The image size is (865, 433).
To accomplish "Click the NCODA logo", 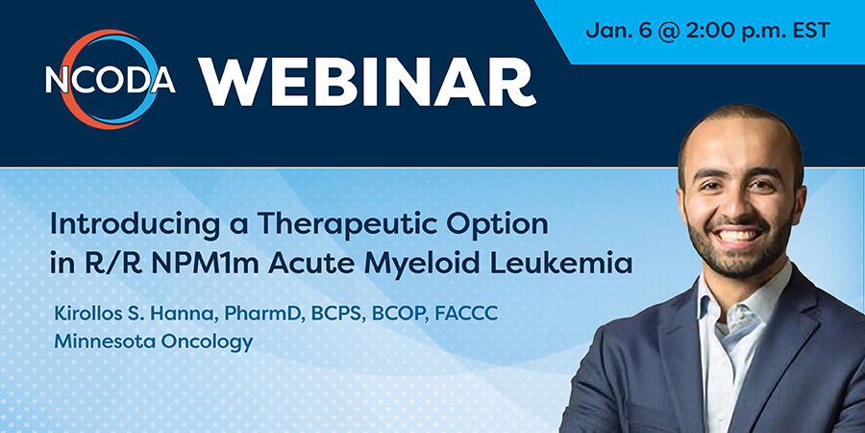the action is coord(111,80).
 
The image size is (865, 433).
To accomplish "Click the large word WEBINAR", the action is coord(367,81).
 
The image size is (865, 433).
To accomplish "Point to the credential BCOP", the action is coord(399,314).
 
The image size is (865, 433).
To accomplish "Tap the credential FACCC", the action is coord(466,313).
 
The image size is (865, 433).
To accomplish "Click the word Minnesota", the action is coord(103,342).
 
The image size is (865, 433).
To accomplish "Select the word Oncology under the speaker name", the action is coord(207,343).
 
